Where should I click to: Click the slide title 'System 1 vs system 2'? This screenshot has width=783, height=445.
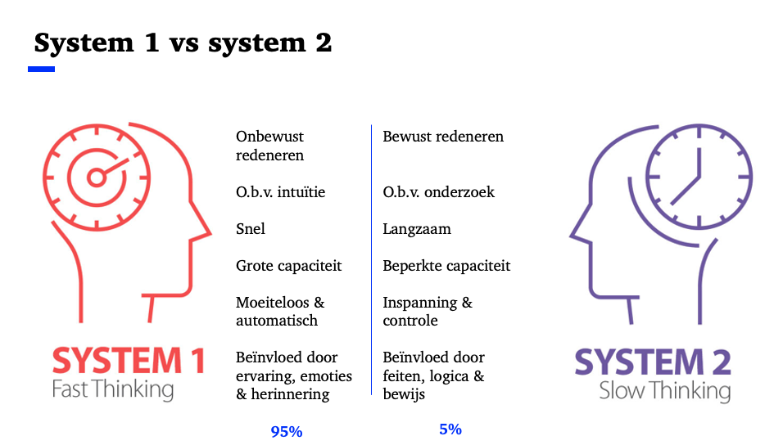[x=183, y=43]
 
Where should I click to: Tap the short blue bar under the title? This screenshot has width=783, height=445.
[x=42, y=70]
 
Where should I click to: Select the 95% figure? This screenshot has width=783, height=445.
[x=287, y=432]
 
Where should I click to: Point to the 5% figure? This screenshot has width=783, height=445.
[x=450, y=429]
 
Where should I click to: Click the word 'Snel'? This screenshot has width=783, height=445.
[x=251, y=229]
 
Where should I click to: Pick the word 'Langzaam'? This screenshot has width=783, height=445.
[x=417, y=230]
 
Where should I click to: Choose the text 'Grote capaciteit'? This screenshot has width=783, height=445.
[x=288, y=266]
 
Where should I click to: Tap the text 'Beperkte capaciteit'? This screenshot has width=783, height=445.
[x=446, y=266]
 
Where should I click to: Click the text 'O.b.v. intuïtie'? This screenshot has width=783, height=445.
[x=281, y=192]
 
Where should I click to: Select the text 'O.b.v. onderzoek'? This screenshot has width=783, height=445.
[x=438, y=192]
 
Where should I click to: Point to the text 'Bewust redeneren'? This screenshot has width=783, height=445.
[x=443, y=137]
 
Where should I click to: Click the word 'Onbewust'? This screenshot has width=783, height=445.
[x=269, y=137]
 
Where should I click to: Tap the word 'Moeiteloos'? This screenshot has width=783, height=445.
[x=273, y=303]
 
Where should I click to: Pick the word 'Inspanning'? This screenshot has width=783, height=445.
[x=420, y=303]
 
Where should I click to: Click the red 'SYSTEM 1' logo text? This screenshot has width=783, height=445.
[x=129, y=361]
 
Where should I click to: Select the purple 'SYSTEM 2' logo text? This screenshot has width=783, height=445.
[x=653, y=362]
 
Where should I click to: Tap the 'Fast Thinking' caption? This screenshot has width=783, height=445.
[x=113, y=389]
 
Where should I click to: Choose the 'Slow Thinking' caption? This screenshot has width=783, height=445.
[x=665, y=391]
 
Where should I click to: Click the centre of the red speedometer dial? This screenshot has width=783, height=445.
[x=97, y=178]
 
